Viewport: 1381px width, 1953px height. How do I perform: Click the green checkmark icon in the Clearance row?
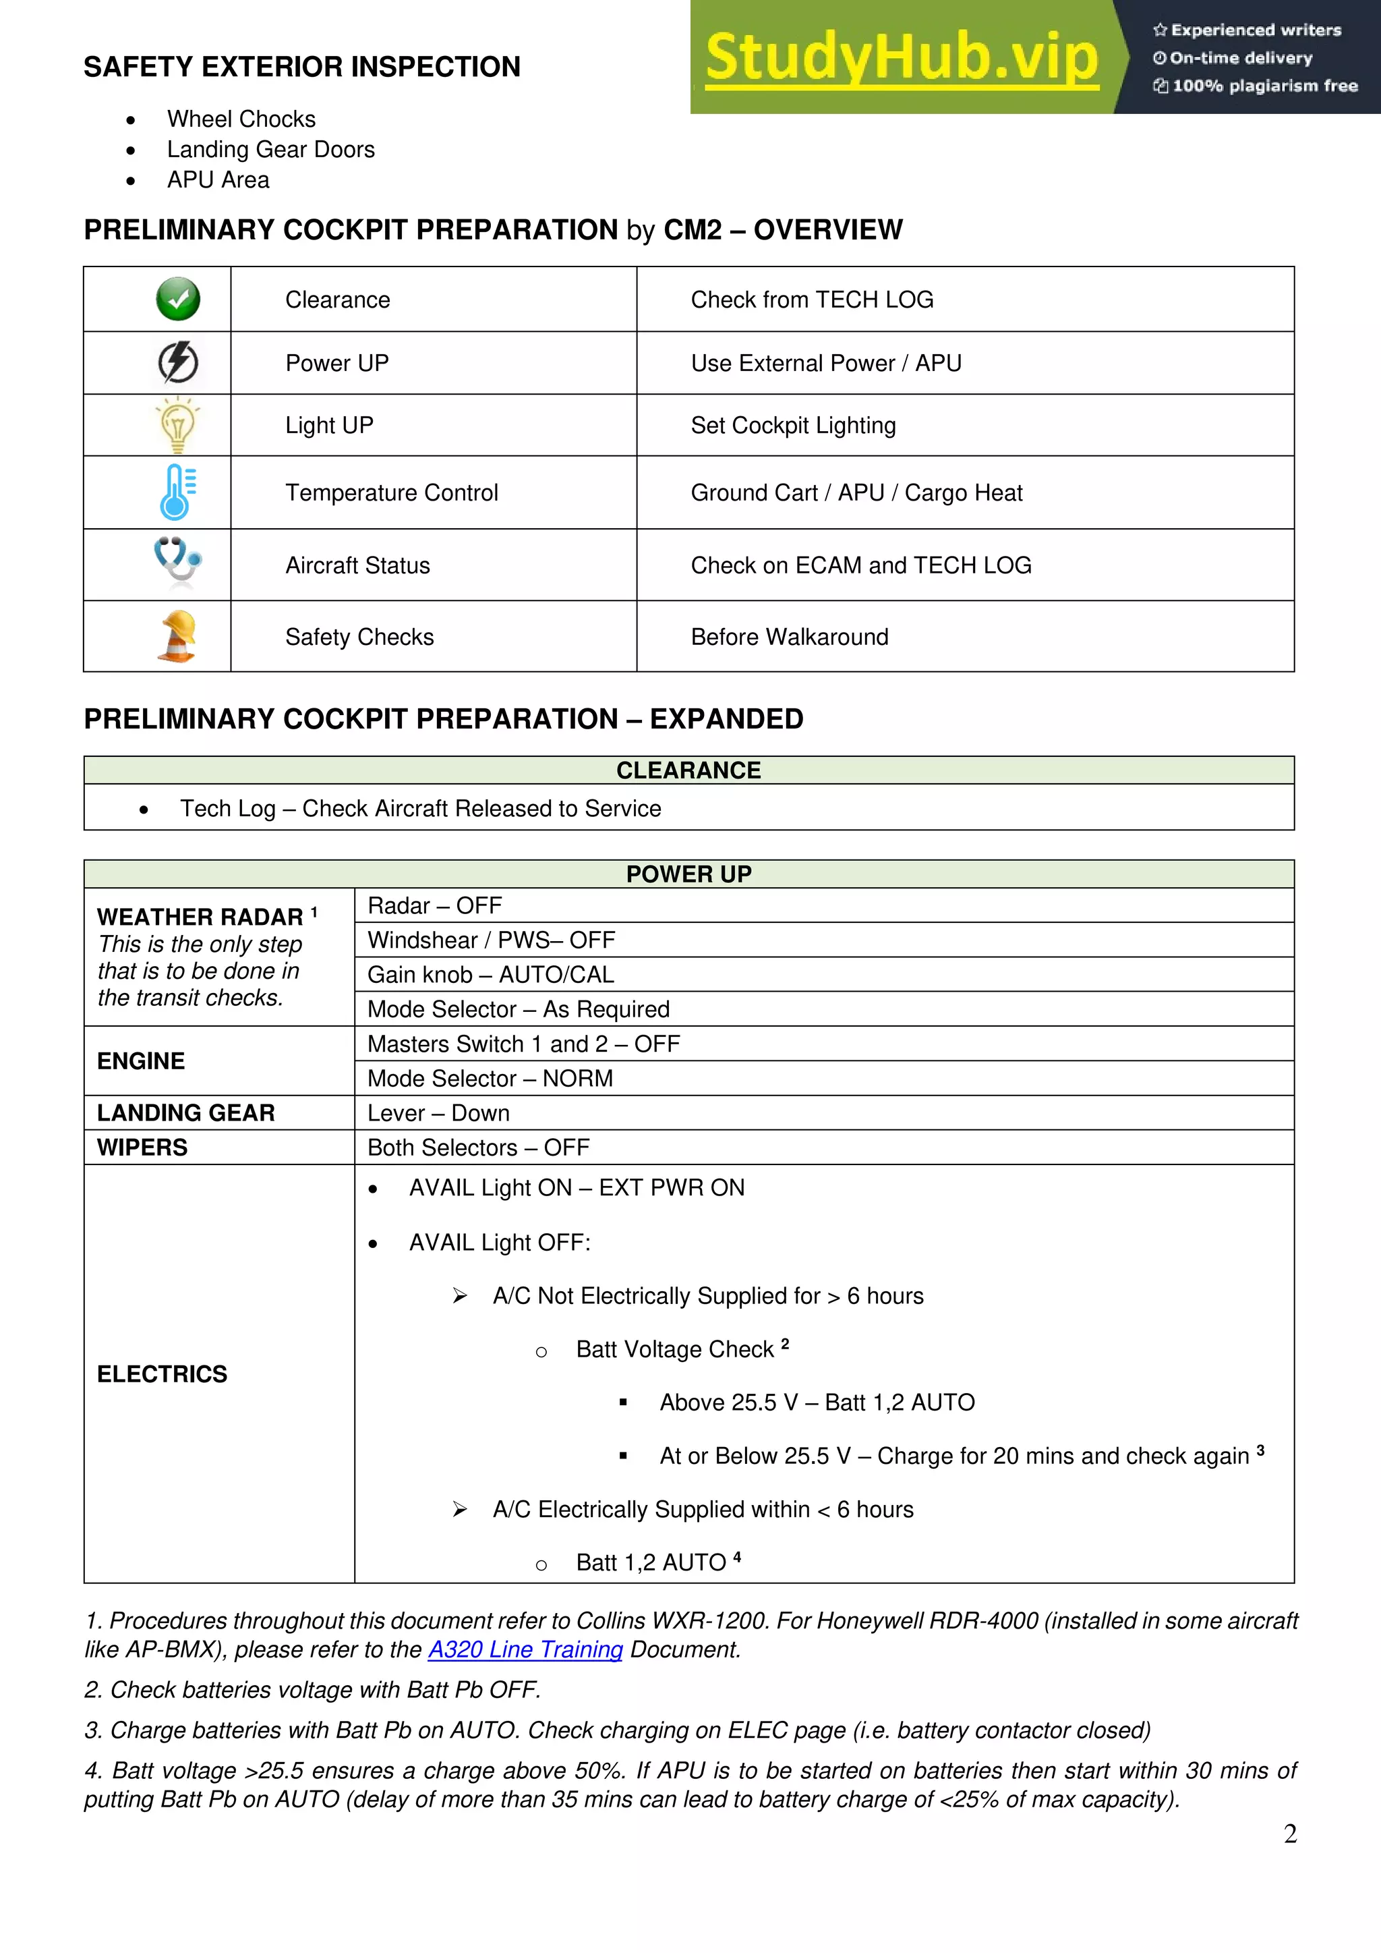(178, 300)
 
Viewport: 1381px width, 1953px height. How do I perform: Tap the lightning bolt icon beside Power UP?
(178, 362)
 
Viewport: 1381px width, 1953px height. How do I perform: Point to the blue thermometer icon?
(177, 492)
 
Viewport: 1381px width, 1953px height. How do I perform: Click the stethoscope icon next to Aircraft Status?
(178, 563)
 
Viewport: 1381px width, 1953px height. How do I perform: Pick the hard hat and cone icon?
(178, 636)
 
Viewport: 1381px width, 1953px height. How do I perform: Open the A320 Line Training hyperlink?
(525, 1649)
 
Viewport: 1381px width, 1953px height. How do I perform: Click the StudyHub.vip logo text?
(902, 59)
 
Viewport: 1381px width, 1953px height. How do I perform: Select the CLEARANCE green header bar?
(688, 770)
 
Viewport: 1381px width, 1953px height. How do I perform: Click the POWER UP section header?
(688, 874)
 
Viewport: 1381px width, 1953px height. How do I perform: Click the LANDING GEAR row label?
(186, 1112)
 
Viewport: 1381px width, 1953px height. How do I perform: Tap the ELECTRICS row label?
(163, 1374)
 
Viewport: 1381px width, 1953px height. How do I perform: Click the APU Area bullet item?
(218, 179)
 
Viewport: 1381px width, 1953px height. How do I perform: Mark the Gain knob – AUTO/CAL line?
(491, 974)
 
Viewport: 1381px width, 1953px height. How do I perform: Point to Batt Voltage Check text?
(675, 1349)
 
